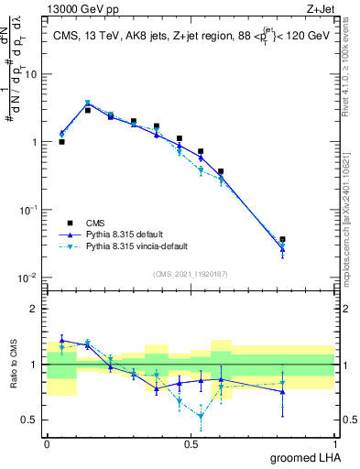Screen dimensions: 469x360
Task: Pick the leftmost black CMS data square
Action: point(61,142)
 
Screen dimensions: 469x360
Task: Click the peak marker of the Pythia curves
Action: point(88,104)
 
